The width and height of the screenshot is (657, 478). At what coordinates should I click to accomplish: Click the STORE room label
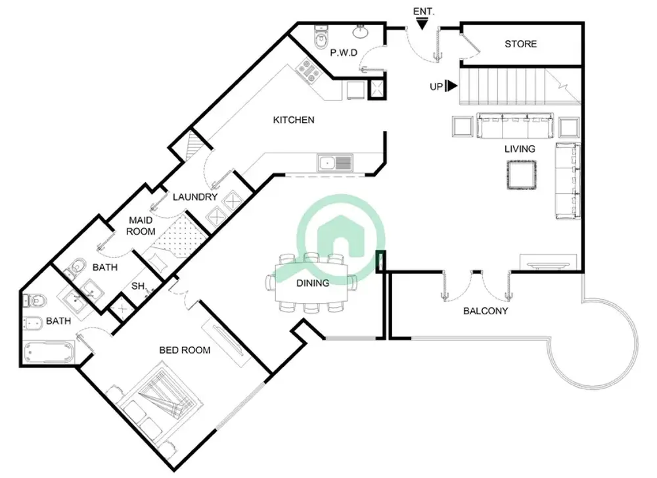pos(520,44)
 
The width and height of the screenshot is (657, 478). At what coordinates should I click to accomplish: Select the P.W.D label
pos(343,53)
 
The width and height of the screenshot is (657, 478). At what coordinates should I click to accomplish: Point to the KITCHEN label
pos(294,120)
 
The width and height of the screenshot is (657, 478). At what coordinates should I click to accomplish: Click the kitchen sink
pos(334,162)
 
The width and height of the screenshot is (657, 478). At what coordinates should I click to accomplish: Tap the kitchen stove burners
pos(307,70)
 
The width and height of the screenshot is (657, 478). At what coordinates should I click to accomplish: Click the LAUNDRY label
pos(194,197)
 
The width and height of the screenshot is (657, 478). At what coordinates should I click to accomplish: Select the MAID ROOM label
pos(141,226)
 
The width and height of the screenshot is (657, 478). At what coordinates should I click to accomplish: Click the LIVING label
pos(519,149)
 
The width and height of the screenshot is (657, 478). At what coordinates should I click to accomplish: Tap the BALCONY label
pos(486,311)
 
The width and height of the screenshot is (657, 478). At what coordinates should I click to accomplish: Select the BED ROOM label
pos(185,350)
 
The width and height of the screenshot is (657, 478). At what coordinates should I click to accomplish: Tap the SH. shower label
pos(138,287)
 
